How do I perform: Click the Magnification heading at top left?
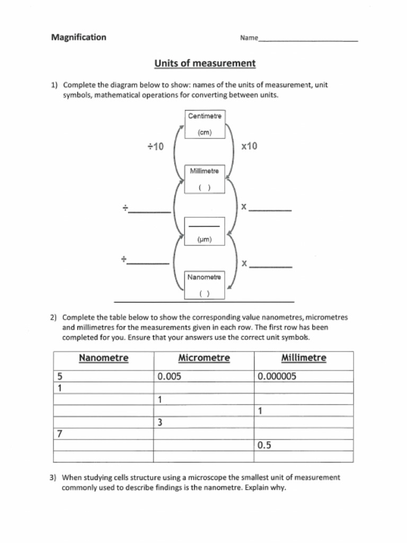[x=78, y=37]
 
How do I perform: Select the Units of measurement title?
[x=205, y=64]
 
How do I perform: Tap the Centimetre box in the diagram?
[x=205, y=124]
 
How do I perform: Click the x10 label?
[x=249, y=146]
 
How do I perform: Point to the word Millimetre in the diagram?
[x=205, y=171]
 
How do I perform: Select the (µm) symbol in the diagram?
[x=205, y=240]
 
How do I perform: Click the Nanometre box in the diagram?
[x=205, y=285]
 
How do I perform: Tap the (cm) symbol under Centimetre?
[x=205, y=133]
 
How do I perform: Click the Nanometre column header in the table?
[x=103, y=358]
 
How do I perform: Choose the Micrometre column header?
[x=204, y=358]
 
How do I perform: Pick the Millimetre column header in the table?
[x=304, y=358]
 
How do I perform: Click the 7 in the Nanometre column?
[x=60, y=434]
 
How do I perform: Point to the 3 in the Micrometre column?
[x=160, y=423]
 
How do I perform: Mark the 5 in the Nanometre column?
[x=60, y=376]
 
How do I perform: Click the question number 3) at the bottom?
[x=54, y=477]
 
